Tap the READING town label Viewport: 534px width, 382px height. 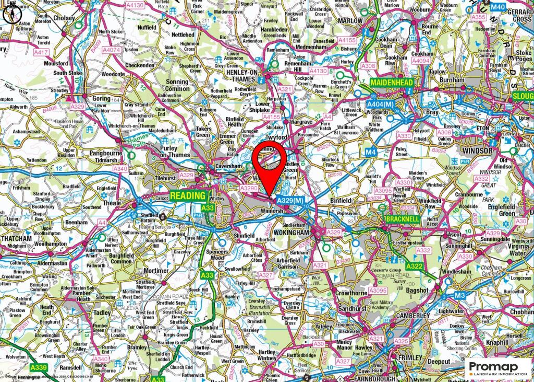point(188,195)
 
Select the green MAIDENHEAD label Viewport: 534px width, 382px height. point(392,83)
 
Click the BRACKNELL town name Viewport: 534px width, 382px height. point(402,219)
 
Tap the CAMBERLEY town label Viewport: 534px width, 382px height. point(412,316)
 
